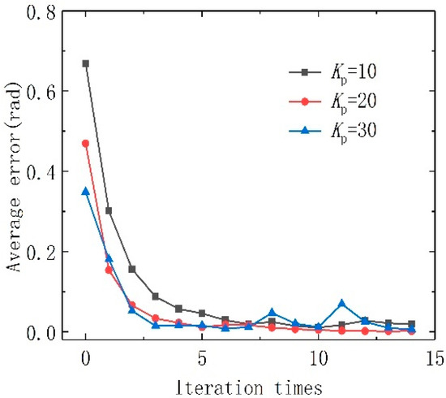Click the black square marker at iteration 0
(86, 63)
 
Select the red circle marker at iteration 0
(86, 143)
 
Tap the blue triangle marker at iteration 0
(86, 191)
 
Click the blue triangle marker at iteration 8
(272, 312)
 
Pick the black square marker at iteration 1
(109, 210)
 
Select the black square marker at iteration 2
(132, 269)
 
